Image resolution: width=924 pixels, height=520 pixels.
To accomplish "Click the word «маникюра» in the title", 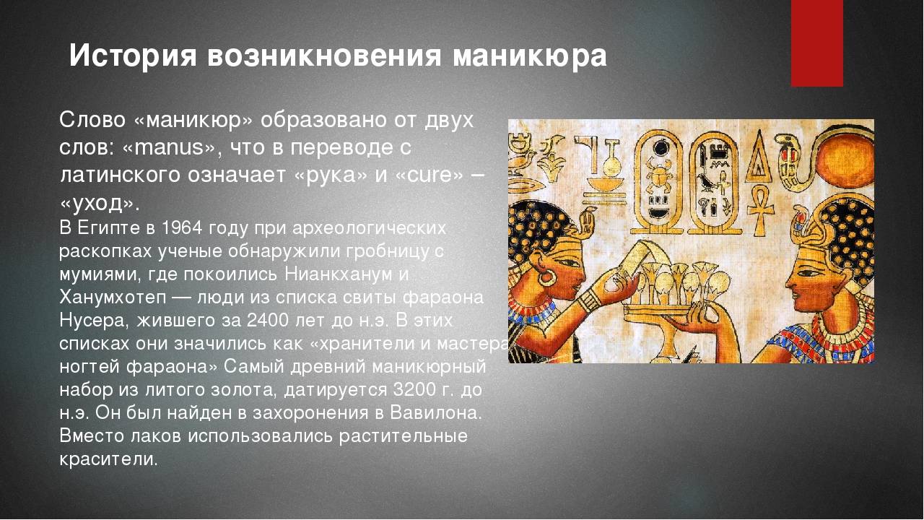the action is tap(530, 56).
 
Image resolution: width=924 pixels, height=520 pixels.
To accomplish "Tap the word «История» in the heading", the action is tap(133, 56).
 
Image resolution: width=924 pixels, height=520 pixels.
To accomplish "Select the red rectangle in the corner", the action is tap(816, 43).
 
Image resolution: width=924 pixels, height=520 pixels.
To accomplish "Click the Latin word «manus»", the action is tap(172, 147).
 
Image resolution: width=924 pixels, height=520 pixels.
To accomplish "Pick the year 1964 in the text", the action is tap(182, 228).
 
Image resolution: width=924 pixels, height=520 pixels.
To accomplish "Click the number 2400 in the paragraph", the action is tap(267, 321).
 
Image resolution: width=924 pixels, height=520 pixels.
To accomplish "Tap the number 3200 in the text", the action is tap(414, 389).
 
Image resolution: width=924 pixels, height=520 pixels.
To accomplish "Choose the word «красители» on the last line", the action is tap(108, 459).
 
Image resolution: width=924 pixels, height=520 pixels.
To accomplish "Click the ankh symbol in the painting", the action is tap(759, 210).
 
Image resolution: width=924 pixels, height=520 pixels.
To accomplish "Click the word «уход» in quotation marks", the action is tap(97, 203).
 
